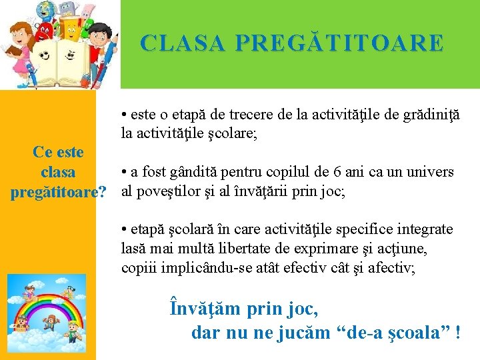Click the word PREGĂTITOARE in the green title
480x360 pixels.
[340, 43]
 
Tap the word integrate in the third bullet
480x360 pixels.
[423, 229]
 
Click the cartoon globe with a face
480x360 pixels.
[47, 10]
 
